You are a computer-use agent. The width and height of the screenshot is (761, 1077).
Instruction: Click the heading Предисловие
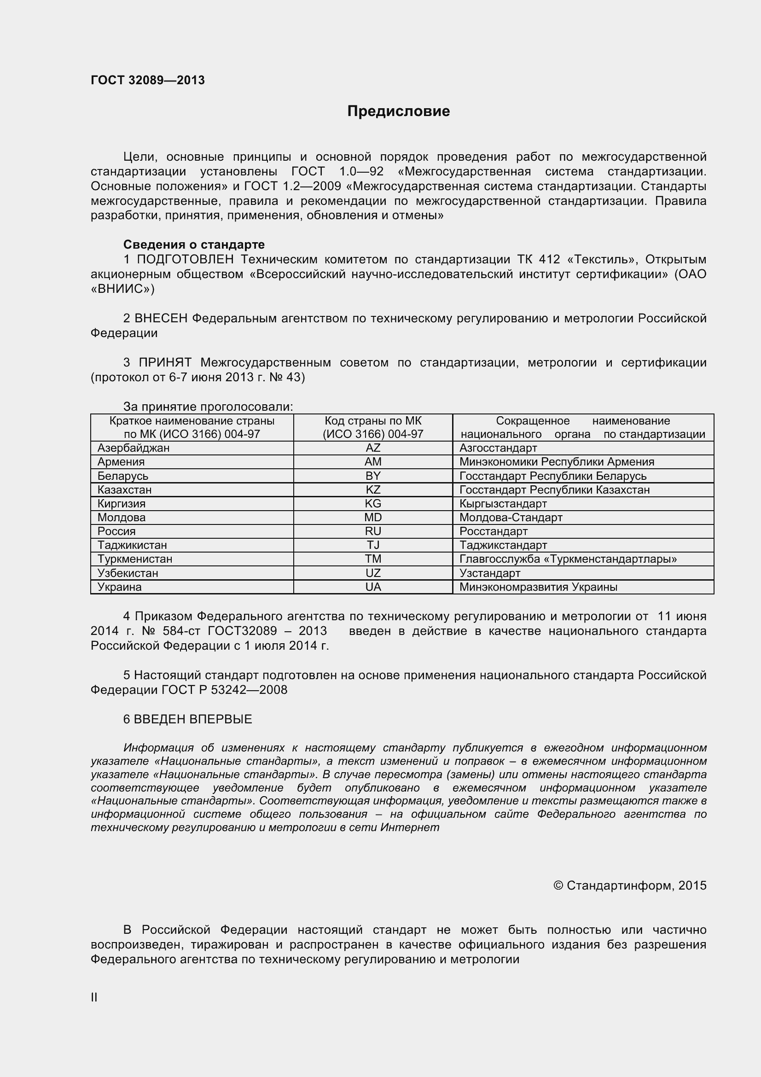(398, 111)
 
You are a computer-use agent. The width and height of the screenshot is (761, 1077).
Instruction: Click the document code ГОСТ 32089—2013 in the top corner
(148, 80)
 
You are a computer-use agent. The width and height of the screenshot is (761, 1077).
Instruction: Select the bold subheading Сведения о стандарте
(194, 245)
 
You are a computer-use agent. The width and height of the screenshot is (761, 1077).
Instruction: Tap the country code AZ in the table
(373, 448)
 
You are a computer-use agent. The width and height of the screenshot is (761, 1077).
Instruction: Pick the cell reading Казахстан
(124, 490)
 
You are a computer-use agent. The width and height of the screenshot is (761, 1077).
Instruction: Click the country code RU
(373, 531)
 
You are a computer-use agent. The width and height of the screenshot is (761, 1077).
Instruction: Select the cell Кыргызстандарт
(503, 504)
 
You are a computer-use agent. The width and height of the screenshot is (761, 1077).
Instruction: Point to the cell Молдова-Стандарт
(511, 518)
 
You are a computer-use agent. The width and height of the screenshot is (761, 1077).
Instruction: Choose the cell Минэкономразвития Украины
(538, 587)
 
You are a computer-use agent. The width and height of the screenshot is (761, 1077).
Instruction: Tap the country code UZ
(373, 573)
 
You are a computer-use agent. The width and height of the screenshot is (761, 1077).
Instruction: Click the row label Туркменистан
(134, 559)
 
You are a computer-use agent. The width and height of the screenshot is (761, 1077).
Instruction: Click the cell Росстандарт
(493, 531)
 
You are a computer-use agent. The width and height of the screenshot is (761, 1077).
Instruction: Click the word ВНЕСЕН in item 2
(161, 319)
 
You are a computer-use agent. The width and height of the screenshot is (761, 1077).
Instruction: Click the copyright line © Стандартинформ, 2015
(629, 885)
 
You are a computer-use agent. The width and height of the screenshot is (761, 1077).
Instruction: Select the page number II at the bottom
(94, 997)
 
